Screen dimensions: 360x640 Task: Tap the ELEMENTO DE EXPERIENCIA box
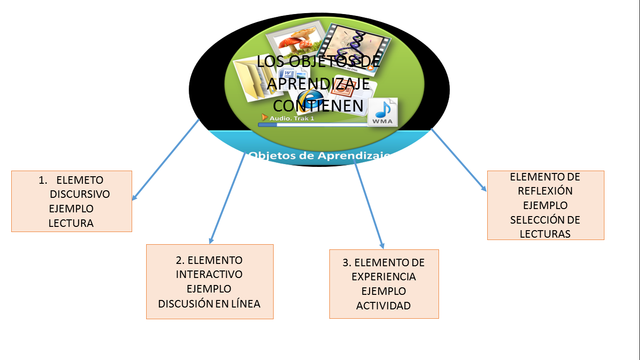(383, 284)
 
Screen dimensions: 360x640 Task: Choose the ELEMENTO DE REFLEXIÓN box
(545, 205)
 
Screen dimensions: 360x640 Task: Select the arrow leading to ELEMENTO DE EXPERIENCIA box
(371, 205)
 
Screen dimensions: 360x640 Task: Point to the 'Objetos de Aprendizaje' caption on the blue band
(319, 157)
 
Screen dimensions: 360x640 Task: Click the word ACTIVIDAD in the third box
(383, 305)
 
